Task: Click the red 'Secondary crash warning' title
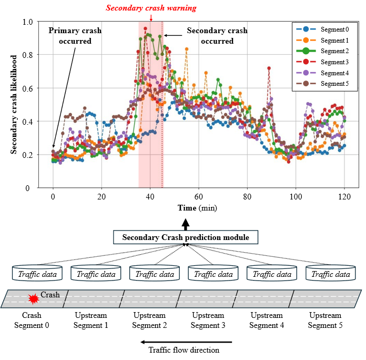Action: tap(151, 8)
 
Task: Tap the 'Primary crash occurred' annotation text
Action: tap(75, 36)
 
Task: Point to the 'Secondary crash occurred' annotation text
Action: tap(210, 36)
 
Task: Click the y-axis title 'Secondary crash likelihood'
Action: tap(14, 105)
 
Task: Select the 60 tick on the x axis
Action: tap(198, 196)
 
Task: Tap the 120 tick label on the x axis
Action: tap(344, 196)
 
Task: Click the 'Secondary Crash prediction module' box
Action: tap(185, 237)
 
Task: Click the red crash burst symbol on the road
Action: tap(34, 299)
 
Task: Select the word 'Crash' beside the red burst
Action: tap(50, 295)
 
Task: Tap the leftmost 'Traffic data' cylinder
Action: tap(37, 274)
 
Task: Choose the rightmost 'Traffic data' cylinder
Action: tap(330, 274)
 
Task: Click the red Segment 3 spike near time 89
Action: tap(269, 68)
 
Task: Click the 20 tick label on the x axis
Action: tap(101, 196)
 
